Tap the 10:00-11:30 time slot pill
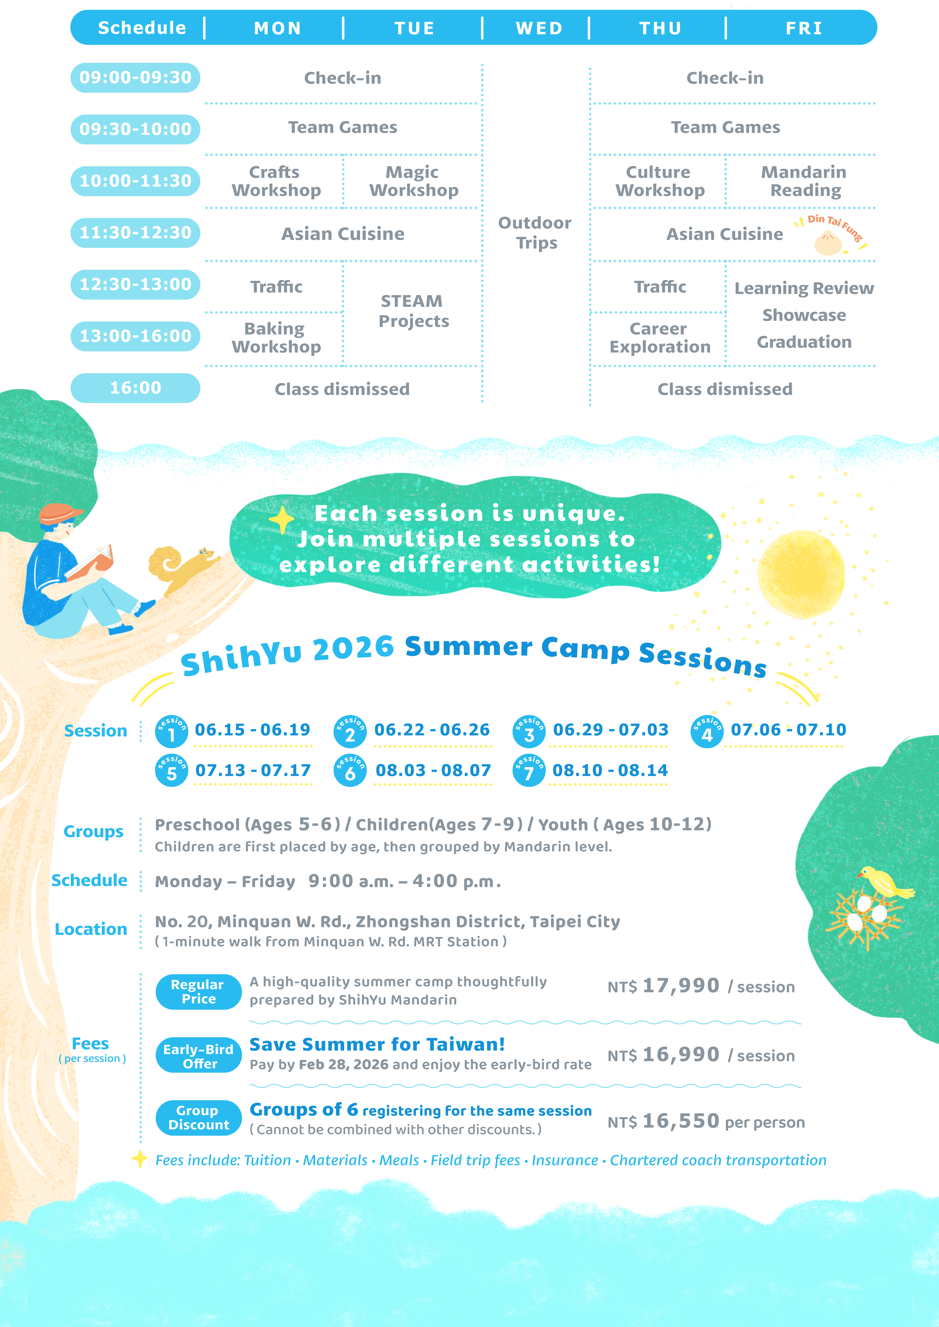point(135,181)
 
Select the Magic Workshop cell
point(413,181)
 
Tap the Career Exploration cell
point(660,338)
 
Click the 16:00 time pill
point(135,388)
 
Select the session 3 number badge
point(528,732)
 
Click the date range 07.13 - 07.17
point(253,770)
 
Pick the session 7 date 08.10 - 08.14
point(610,770)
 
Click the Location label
point(91,929)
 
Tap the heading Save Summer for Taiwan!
point(377,1044)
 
